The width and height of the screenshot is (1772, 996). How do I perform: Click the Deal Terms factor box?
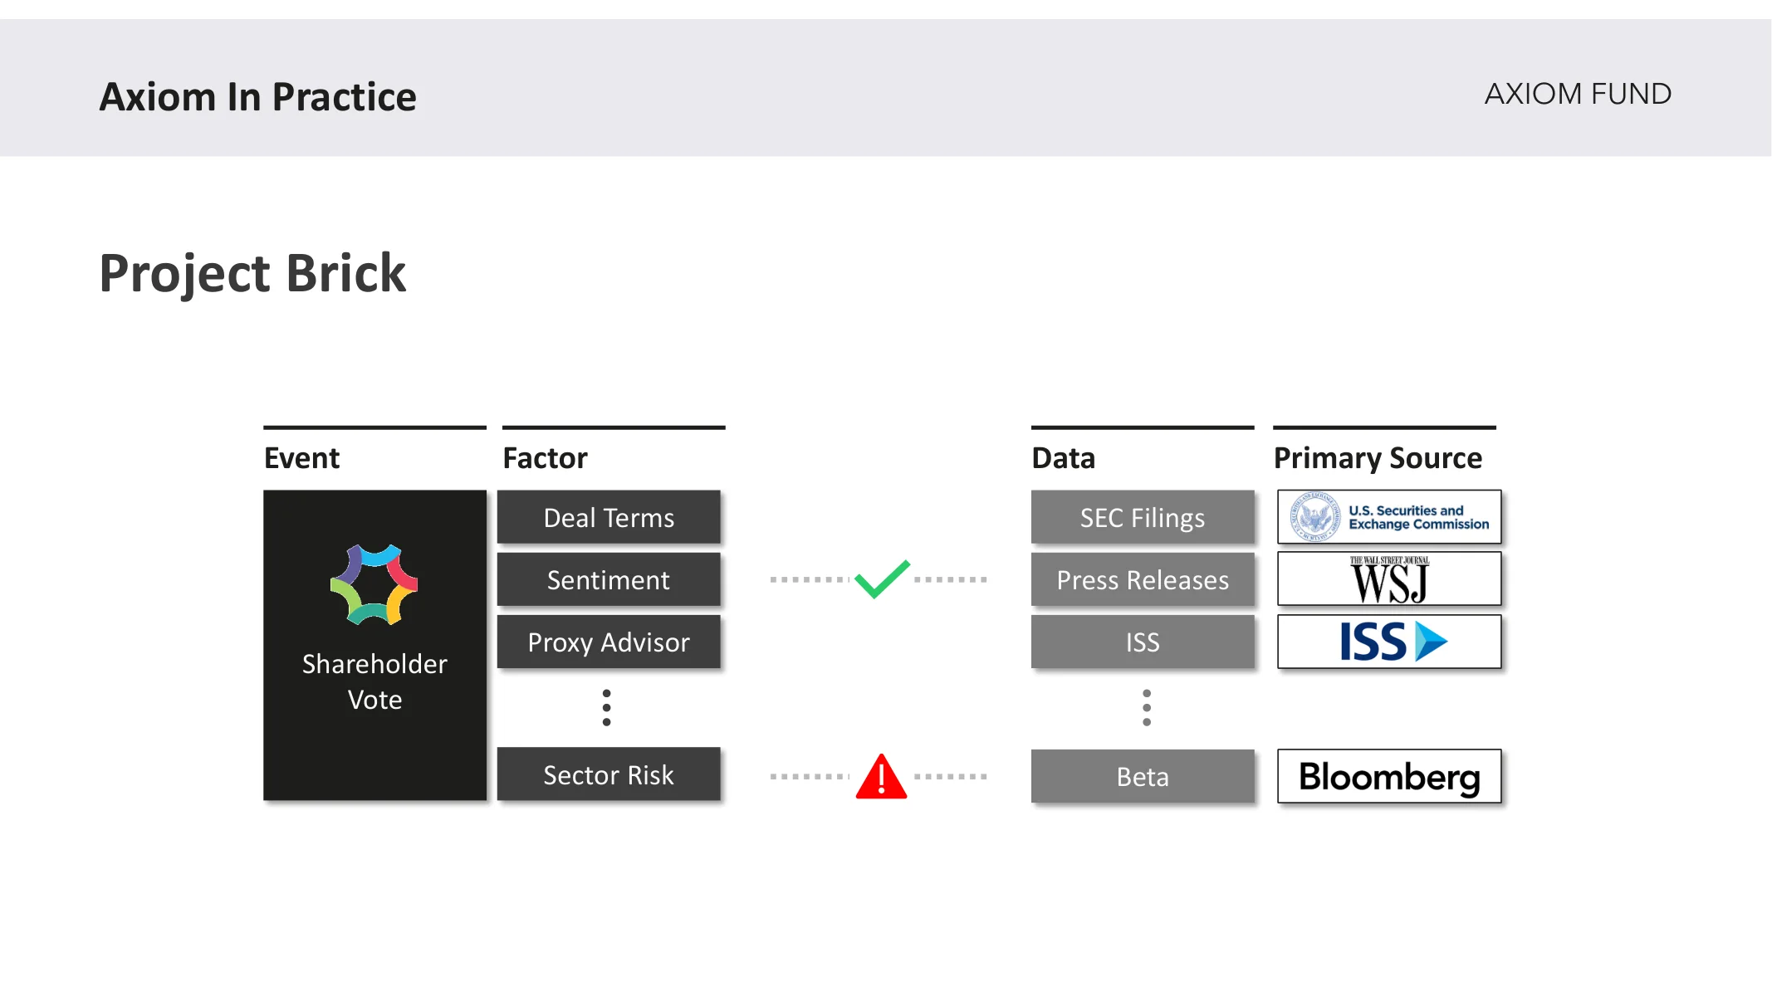609,517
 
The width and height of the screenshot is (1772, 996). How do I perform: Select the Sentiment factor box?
609,579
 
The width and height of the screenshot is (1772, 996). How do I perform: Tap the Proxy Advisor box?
609,642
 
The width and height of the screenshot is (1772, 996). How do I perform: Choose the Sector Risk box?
609,774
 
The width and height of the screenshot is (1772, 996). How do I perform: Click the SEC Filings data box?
1143,517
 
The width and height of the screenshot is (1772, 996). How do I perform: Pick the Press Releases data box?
1143,579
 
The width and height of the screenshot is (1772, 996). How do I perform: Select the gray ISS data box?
1143,642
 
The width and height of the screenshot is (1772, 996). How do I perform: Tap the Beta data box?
1143,776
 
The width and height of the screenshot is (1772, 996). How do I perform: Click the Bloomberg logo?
1389,776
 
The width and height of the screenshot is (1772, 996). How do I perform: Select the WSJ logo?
1389,579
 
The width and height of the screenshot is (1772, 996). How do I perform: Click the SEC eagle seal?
1315,517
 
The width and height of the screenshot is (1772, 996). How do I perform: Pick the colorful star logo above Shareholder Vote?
374,584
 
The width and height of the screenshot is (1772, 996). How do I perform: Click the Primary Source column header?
1378,458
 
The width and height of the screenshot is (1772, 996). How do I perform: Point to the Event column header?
301,458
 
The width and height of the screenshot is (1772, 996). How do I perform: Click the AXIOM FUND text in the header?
1578,94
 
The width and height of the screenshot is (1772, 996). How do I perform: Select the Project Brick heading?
252,273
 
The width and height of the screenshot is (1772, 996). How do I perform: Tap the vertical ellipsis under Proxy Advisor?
607,707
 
